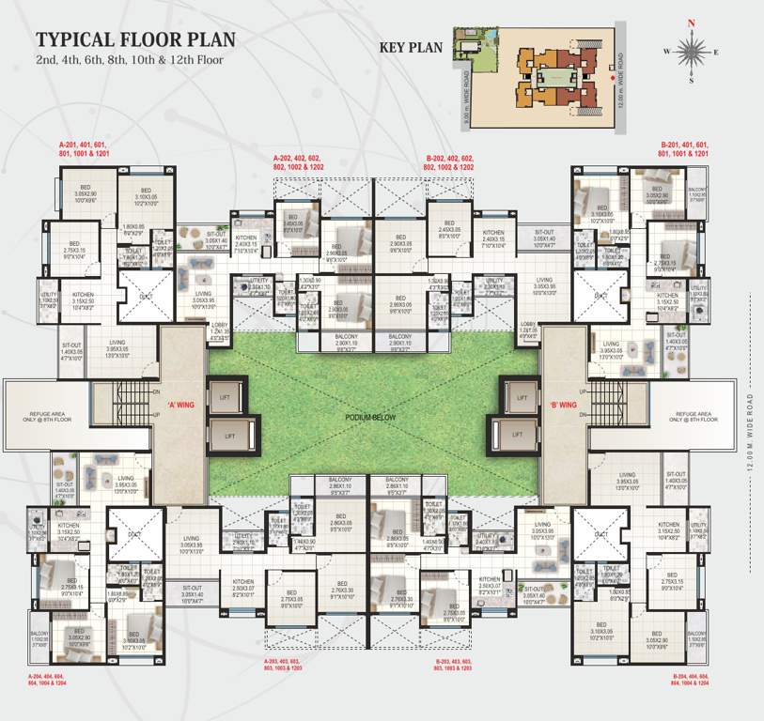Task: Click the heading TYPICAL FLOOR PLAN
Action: point(135,40)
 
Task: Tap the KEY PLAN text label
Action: point(410,47)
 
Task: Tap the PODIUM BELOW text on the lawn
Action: point(373,416)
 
